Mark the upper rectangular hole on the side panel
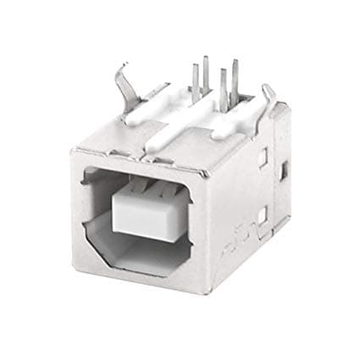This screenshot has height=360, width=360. coord(264,156)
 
